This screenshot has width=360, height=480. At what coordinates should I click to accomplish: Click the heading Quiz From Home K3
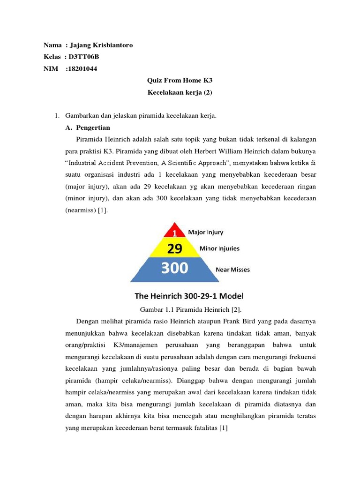(180, 81)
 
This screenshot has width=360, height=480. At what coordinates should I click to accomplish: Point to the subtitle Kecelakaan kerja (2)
(180, 92)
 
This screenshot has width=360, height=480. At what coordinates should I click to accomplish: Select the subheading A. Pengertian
(88, 127)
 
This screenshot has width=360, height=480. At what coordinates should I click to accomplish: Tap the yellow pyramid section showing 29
(174, 248)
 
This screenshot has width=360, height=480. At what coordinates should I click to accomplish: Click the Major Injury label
(205, 232)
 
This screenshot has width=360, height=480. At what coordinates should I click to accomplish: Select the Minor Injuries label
(219, 248)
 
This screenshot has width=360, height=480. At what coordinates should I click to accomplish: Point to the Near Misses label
(232, 270)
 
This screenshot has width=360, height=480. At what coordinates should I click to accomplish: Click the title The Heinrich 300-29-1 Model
(189, 296)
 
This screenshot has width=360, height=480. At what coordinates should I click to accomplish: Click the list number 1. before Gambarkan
(57, 115)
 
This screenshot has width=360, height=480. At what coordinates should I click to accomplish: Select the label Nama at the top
(52, 45)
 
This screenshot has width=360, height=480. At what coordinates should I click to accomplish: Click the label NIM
(50, 69)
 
